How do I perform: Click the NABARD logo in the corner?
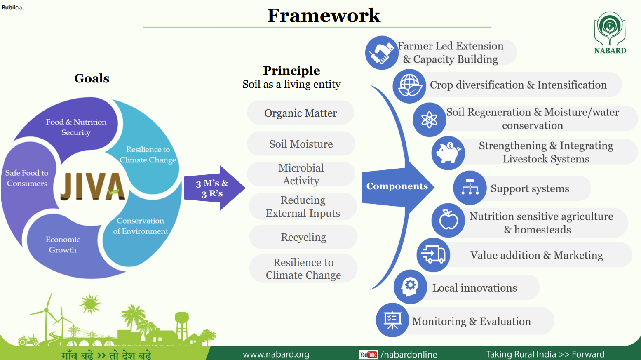tap(610, 33)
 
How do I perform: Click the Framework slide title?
tap(324, 16)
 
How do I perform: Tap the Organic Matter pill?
tap(301, 113)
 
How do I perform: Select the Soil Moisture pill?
tap(301, 144)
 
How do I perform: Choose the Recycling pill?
tap(303, 237)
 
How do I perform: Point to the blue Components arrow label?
tap(397, 186)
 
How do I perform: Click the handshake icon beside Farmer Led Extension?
tap(381, 53)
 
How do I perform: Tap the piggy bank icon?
tap(448, 153)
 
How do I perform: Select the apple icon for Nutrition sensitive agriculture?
tap(448, 220)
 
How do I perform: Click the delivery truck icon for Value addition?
tap(433, 255)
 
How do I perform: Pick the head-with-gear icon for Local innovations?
tap(410, 287)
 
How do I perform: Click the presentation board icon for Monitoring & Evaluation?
tap(392, 320)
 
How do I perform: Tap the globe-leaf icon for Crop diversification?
tap(409, 86)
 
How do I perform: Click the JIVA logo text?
tap(92, 187)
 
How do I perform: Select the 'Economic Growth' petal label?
tap(63, 245)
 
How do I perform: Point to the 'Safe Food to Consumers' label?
tap(27, 178)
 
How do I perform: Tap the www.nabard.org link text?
tap(276, 354)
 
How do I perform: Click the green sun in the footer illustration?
tap(90, 304)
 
